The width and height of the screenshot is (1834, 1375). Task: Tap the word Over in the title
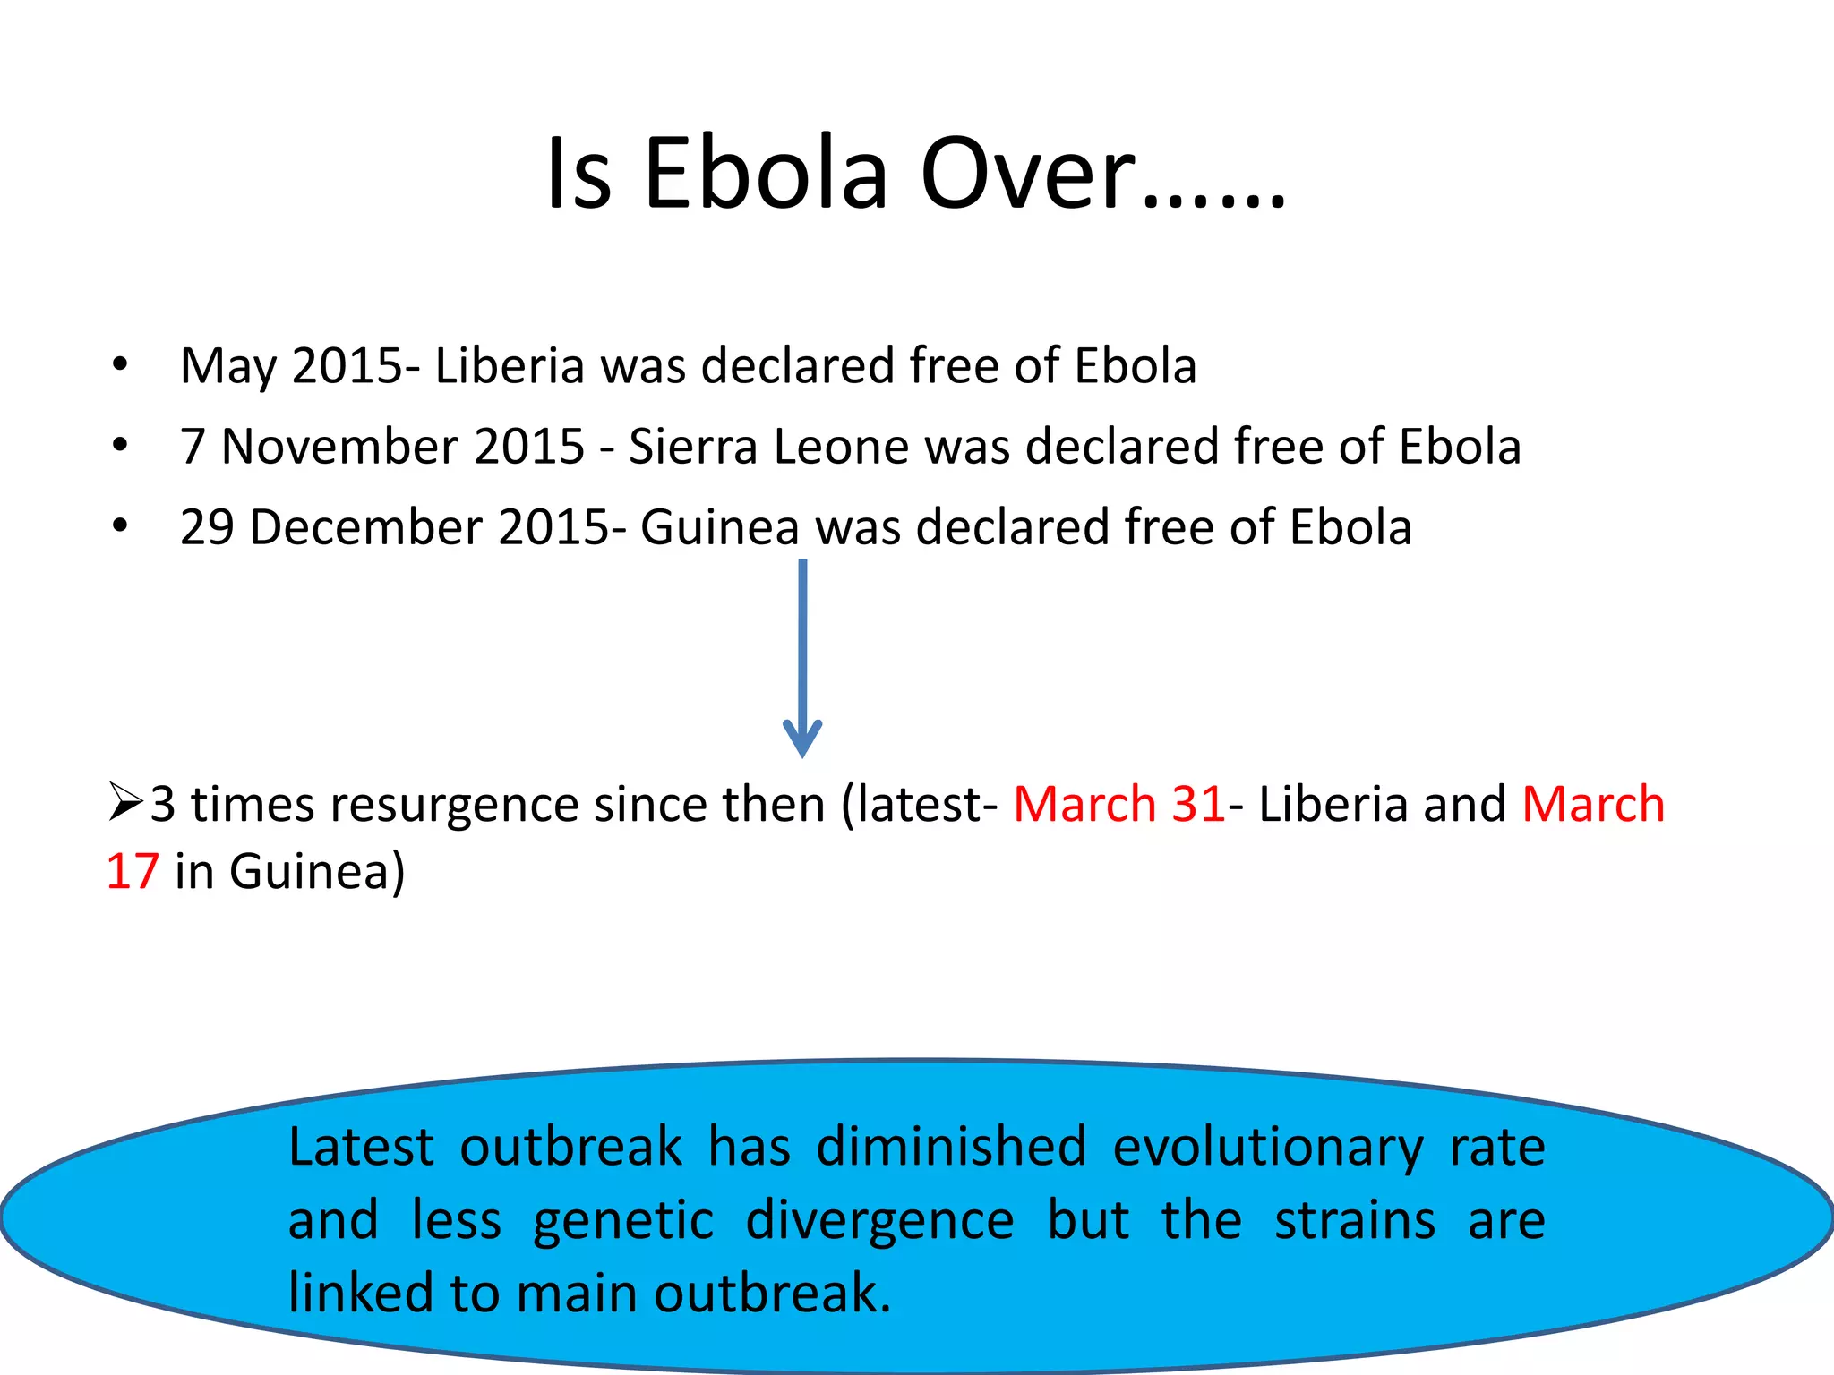(1030, 174)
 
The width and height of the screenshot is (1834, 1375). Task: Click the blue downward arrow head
(802, 739)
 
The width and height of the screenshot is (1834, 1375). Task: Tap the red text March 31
(1118, 803)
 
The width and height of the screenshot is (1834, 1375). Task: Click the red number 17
(133, 871)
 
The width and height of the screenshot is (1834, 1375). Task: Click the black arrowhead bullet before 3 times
(125, 801)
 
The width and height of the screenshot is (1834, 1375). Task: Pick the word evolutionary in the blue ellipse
(1267, 1148)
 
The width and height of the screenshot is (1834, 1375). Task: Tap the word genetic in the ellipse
(623, 1221)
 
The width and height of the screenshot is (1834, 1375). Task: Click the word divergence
(880, 1221)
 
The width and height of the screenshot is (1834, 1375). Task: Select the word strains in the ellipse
(1354, 1221)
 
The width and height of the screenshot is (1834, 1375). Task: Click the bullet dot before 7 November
(120, 445)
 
